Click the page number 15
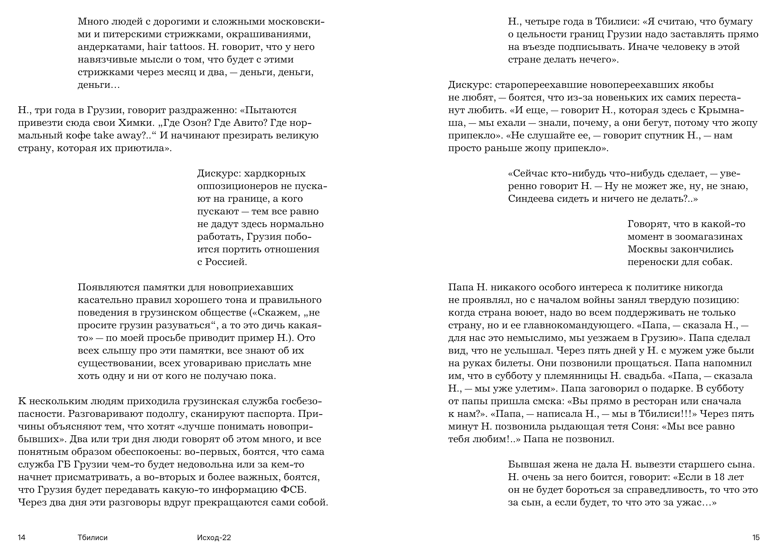(756, 537)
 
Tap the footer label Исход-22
(214, 537)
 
